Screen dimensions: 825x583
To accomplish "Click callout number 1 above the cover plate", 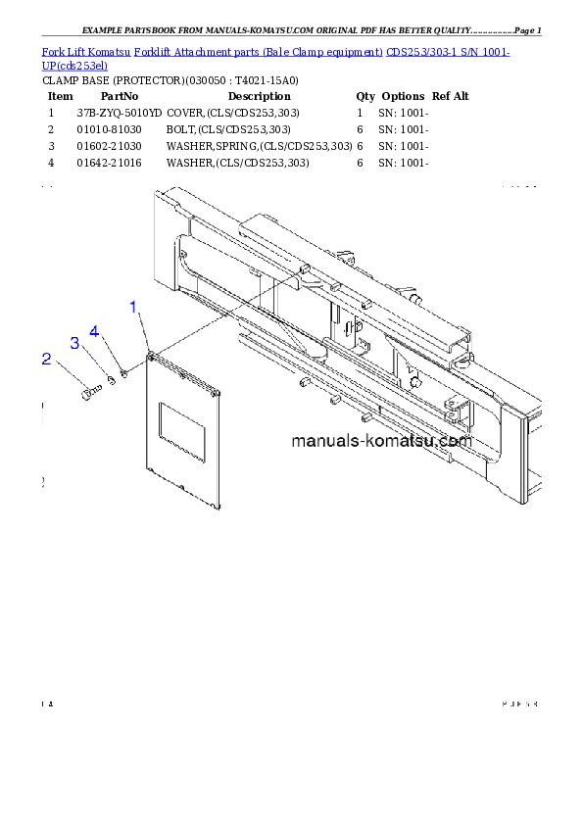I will point(134,307).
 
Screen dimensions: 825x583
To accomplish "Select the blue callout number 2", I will point(46,359).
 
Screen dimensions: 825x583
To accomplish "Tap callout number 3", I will point(73,342).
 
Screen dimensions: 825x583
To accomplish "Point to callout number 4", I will point(95,331).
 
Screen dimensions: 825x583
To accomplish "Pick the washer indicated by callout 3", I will point(112,380).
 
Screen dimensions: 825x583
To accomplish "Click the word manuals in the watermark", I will point(325,441).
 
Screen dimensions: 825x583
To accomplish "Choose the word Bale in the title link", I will point(280,51).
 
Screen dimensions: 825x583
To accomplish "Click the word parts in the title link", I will point(259,51).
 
